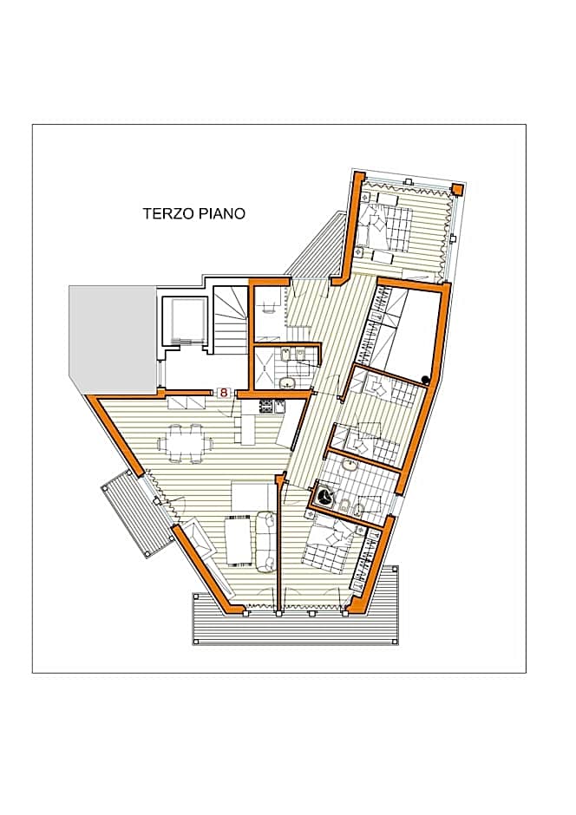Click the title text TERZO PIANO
pos(193,213)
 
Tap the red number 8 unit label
pos(224,393)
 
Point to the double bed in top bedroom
pos(387,226)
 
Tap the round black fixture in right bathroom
pos(325,497)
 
